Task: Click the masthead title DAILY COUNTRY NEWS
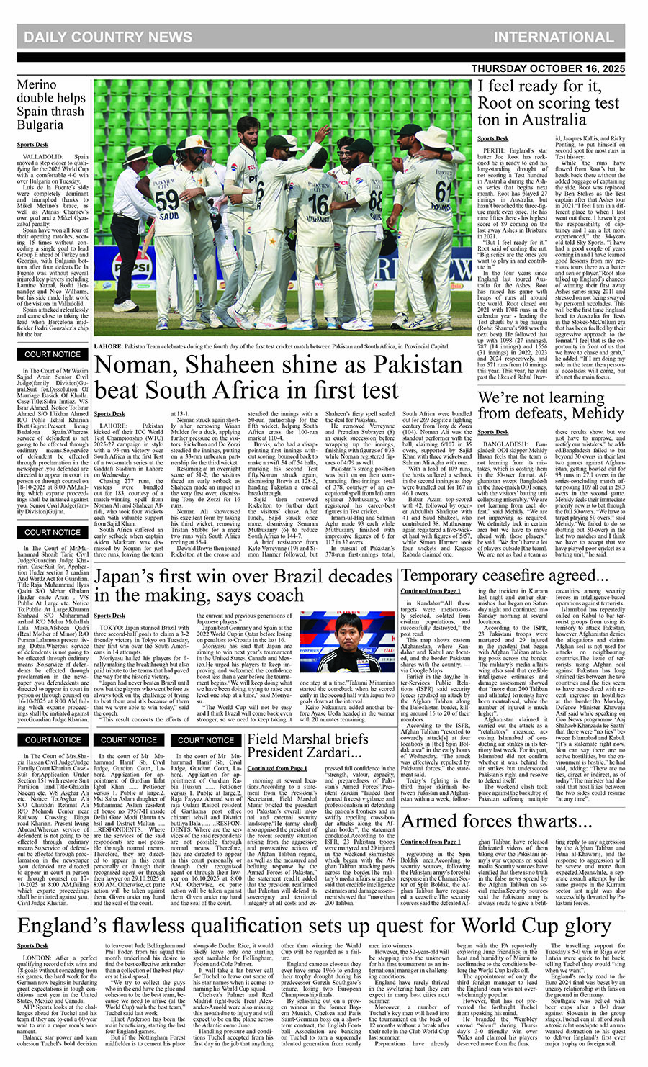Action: coord(107,37)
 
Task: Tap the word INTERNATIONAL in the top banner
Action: coord(553,37)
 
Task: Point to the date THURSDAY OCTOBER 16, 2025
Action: coord(548,68)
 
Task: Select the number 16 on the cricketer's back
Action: coord(319,204)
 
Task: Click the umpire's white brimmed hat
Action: coord(139,154)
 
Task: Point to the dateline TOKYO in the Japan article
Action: coord(109,628)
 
